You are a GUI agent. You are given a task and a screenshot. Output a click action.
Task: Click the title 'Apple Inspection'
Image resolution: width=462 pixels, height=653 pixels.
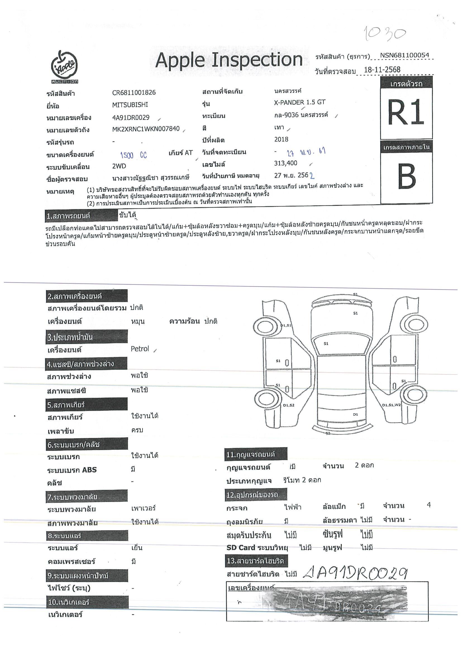click(x=228, y=60)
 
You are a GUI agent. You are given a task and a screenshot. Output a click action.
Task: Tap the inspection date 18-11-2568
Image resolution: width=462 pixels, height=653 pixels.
click(x=382, y=70)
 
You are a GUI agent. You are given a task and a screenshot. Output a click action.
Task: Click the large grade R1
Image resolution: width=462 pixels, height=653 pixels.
click(x=406, y=112)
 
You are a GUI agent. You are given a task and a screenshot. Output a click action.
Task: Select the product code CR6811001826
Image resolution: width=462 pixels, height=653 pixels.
click(x=134, y=92)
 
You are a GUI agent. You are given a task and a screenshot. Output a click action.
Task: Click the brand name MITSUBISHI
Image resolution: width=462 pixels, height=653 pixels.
click(x=130, y=105)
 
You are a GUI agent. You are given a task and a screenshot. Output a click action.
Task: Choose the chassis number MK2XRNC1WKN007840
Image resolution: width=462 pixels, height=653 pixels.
click(x=146, y=129)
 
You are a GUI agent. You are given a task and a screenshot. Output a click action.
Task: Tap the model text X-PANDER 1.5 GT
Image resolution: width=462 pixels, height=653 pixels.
click(x=299, y=102)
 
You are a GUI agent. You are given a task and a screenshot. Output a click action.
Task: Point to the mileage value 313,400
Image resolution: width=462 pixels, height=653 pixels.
click(x=285, y=163)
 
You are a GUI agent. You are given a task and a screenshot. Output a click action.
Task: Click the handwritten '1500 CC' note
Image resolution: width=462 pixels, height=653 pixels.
click(x=134, y=155)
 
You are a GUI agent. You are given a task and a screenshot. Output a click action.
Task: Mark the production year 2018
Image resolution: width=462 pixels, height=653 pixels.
click(x=281, y=139)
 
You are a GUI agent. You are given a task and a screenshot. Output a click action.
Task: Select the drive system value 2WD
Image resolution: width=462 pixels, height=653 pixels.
click(x=119, y=166)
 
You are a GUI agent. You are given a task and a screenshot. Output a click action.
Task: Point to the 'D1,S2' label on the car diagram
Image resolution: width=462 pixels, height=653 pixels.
click(x=288, y=405)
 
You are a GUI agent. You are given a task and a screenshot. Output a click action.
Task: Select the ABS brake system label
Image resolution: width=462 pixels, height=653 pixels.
click(x=72, y=470)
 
